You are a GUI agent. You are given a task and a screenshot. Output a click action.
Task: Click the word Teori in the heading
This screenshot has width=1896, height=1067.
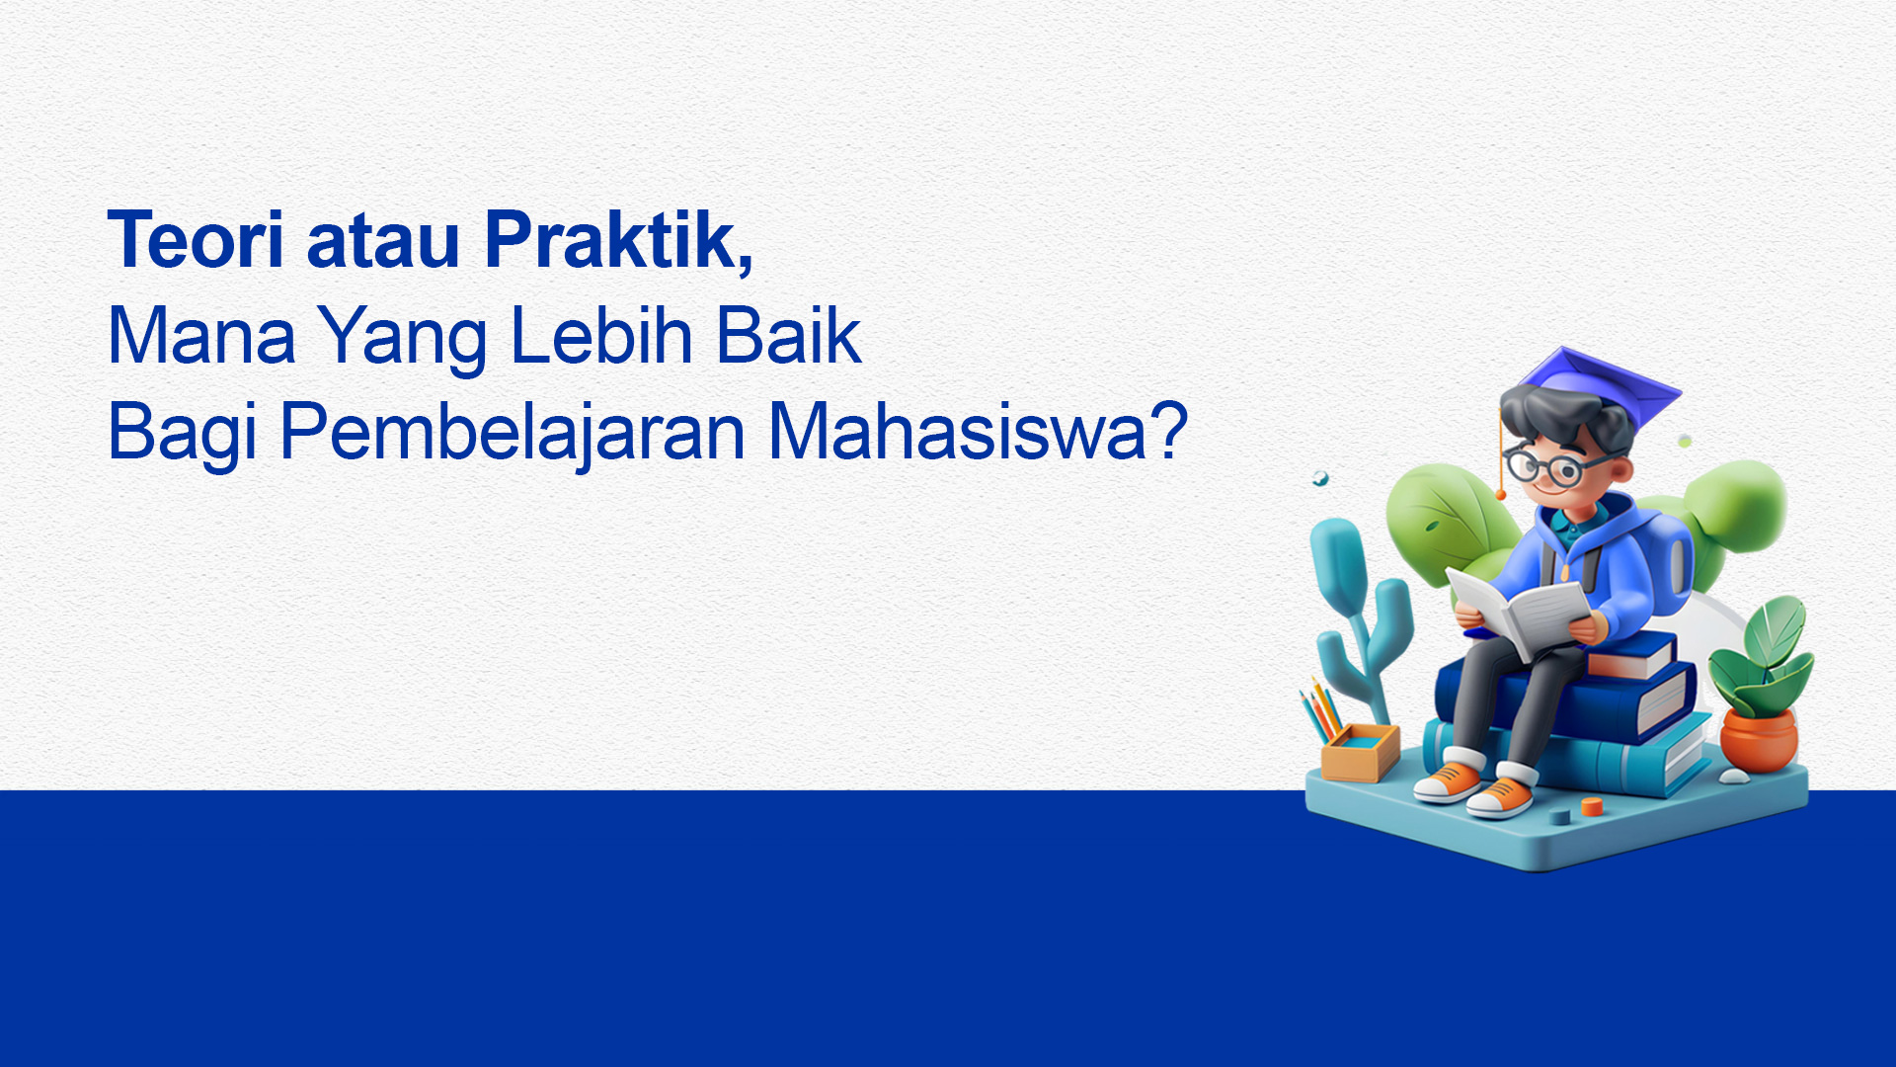point(196,240)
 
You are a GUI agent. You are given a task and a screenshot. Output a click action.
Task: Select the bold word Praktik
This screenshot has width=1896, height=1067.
point(619,240)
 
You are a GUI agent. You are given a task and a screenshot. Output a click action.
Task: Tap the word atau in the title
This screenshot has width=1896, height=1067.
point(383,243)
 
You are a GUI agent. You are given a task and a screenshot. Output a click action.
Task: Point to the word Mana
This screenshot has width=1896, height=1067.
point(201,336)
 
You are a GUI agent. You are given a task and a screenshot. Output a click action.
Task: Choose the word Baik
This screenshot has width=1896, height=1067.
point(789,336)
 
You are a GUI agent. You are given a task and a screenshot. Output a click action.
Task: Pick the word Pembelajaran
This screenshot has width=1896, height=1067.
point(513,432)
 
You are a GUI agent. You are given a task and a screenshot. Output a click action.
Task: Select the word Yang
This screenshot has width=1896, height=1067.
point(403,340)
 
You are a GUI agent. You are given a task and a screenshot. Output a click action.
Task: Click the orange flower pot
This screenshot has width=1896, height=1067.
point(1758,740)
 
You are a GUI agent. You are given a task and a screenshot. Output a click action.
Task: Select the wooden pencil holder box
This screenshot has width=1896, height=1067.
point(1361,753)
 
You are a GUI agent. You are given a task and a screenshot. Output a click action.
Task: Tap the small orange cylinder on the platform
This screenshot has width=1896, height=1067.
point(1591,806)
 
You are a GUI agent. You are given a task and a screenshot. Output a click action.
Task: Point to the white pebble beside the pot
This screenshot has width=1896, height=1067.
point(1734,777)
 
